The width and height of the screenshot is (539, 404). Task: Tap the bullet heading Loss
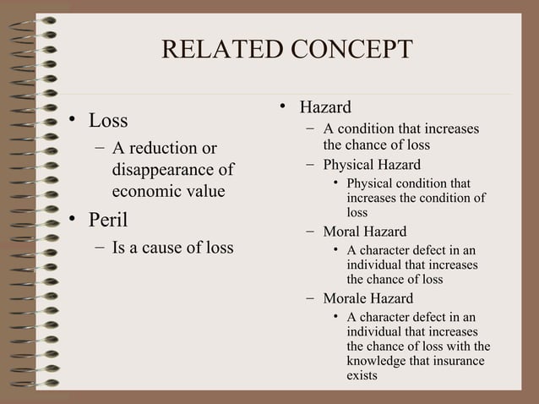tap(109, 121)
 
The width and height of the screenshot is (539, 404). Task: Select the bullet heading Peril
tap(110, 221)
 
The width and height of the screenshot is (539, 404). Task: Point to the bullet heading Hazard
tap(325, 107)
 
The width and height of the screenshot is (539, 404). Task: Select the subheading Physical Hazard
tap(372, 164)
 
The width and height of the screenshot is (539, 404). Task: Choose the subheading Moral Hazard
tap(364, 231)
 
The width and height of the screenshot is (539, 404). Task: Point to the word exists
tap(362, 375)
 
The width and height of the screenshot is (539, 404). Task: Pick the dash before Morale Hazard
tap(312, 298)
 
